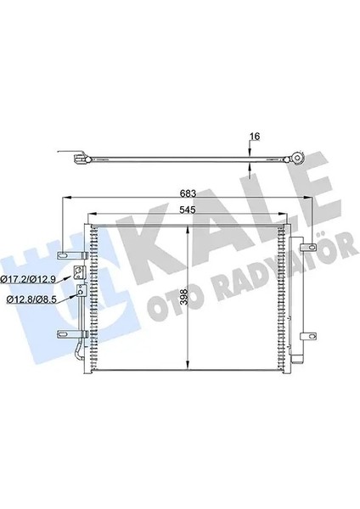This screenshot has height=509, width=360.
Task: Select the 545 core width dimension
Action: click(x=190, y=209)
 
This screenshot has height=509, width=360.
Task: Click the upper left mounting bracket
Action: click(x=68, y=255)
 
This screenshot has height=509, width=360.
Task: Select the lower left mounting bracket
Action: click(x=68, y=333)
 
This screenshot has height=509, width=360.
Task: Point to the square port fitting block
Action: click(x=78, y=273)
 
